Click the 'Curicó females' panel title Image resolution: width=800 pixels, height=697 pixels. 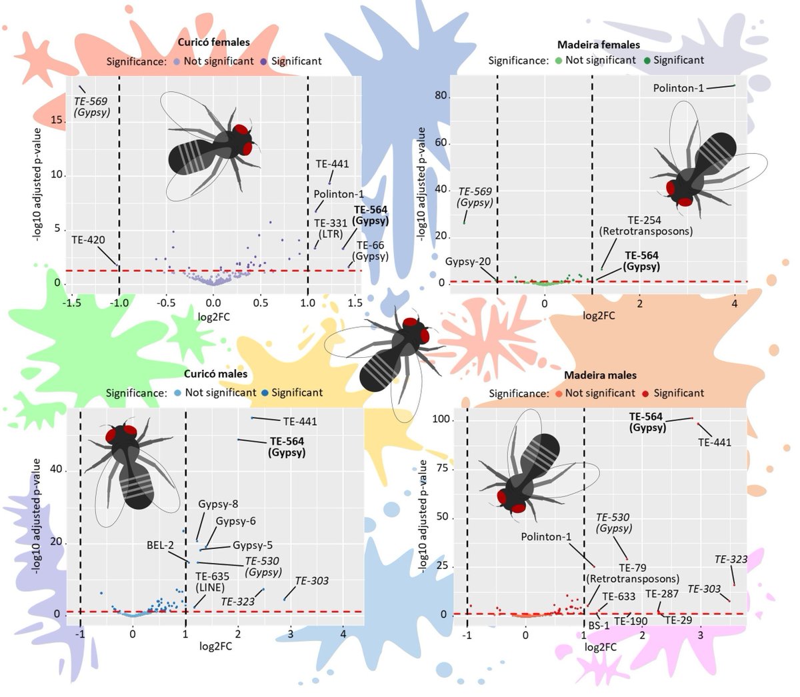pyautogui.click(x=213, y=42)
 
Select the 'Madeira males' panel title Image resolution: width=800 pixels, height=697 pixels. pyautogui.click(x=600, y=375)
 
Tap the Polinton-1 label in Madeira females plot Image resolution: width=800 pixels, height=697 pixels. pyautogui.click(x=678, y=88)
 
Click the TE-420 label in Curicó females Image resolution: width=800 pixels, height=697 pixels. pyautogui.click(x=88, y=240)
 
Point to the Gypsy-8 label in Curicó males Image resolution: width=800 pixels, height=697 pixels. pyautogui.click(x=218, y=504)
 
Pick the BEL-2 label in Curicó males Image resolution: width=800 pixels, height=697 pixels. pyautogui.click(x=160, y=545)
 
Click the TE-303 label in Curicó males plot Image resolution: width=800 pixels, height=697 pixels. pyautogui.click(x=311, y=580)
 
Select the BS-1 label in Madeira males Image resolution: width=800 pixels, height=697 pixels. pyautogui.click(x=599, y=626)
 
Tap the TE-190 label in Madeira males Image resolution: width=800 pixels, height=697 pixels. pyautogui.click(x=630, y=621)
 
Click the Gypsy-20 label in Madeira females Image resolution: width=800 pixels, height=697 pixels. pyautogui.click(x=468, y=262)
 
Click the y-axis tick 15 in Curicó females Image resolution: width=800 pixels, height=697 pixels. pyautogui.click(x=57, y=120)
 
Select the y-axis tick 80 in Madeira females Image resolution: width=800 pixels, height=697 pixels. pyautogui.click(x=441, y=95)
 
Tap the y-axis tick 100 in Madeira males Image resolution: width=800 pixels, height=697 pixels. pyautogui.click(x=441, y=419)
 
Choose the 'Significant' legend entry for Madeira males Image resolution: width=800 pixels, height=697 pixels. pyautogui.click(x=678, y=393)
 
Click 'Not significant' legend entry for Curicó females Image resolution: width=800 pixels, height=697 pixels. pyautogui.click(x=219, y=61)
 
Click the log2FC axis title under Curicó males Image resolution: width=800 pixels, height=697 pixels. pyautogui.click(x=215, y=646)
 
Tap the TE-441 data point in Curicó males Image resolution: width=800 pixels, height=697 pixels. pyautogui.click(x=252, y=418)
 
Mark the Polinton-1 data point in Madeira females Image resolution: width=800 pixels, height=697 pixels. pyautogui.click(x=735, y=85)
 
